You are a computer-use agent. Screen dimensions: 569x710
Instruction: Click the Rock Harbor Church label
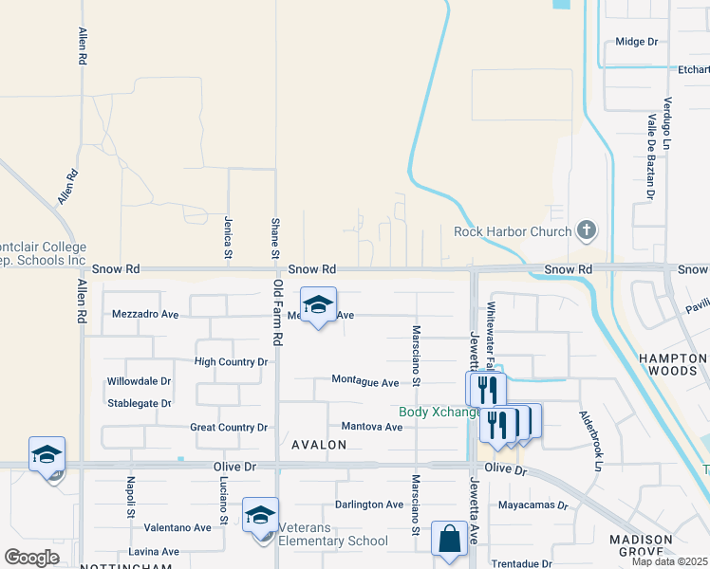click(x=513, y=231)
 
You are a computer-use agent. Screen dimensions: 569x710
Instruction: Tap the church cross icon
click(x=587, y=230)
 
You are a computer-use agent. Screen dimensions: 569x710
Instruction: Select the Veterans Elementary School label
click(x=327, y=541)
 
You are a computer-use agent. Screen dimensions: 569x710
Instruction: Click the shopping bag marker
click(x=447, y=539)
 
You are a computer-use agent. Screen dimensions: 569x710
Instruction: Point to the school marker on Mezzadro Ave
click(x=319, y=304)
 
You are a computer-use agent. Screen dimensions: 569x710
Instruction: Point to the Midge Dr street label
click(x=636, y=42)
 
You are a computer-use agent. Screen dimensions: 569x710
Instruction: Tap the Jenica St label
click(x=229, y=237)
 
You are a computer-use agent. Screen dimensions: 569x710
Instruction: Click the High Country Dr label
click(x=231, y=362)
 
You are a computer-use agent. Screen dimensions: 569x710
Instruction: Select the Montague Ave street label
click(x=365, y=381)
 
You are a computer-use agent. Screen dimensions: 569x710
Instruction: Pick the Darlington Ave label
click(x=369, y=505)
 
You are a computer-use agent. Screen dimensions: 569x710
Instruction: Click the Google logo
click(x=31, y=558)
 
